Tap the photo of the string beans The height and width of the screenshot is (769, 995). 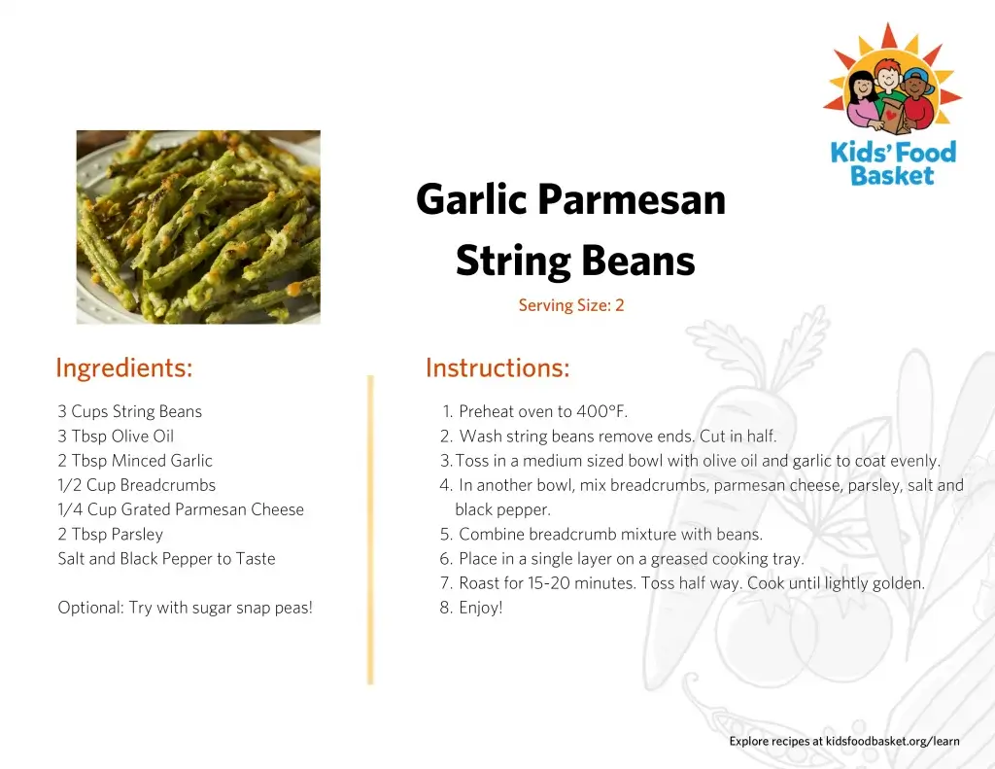point(198,227)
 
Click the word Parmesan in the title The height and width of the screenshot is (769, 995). point(632,199)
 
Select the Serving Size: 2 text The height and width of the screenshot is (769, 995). point(571,305)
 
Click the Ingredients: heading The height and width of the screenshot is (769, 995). point(123,367)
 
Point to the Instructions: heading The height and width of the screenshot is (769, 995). point(497,367)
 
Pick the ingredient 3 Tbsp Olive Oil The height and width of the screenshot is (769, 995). point(116,437)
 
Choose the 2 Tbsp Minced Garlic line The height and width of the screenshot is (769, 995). point(135,461)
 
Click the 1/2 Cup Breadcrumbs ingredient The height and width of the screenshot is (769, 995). point(136,485)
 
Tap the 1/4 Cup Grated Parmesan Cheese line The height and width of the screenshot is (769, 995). point(181,509)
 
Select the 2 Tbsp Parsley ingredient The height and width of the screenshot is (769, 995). point(111,534)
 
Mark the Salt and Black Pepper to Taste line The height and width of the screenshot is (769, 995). point(166,559)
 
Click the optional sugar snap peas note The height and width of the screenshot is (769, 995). point(186,608)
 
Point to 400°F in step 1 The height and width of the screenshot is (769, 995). point(601,411)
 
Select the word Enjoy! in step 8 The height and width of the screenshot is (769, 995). point(480,608)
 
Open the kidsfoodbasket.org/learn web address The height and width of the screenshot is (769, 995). point(892,741)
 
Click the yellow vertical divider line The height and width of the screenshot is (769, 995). point(370,530)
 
